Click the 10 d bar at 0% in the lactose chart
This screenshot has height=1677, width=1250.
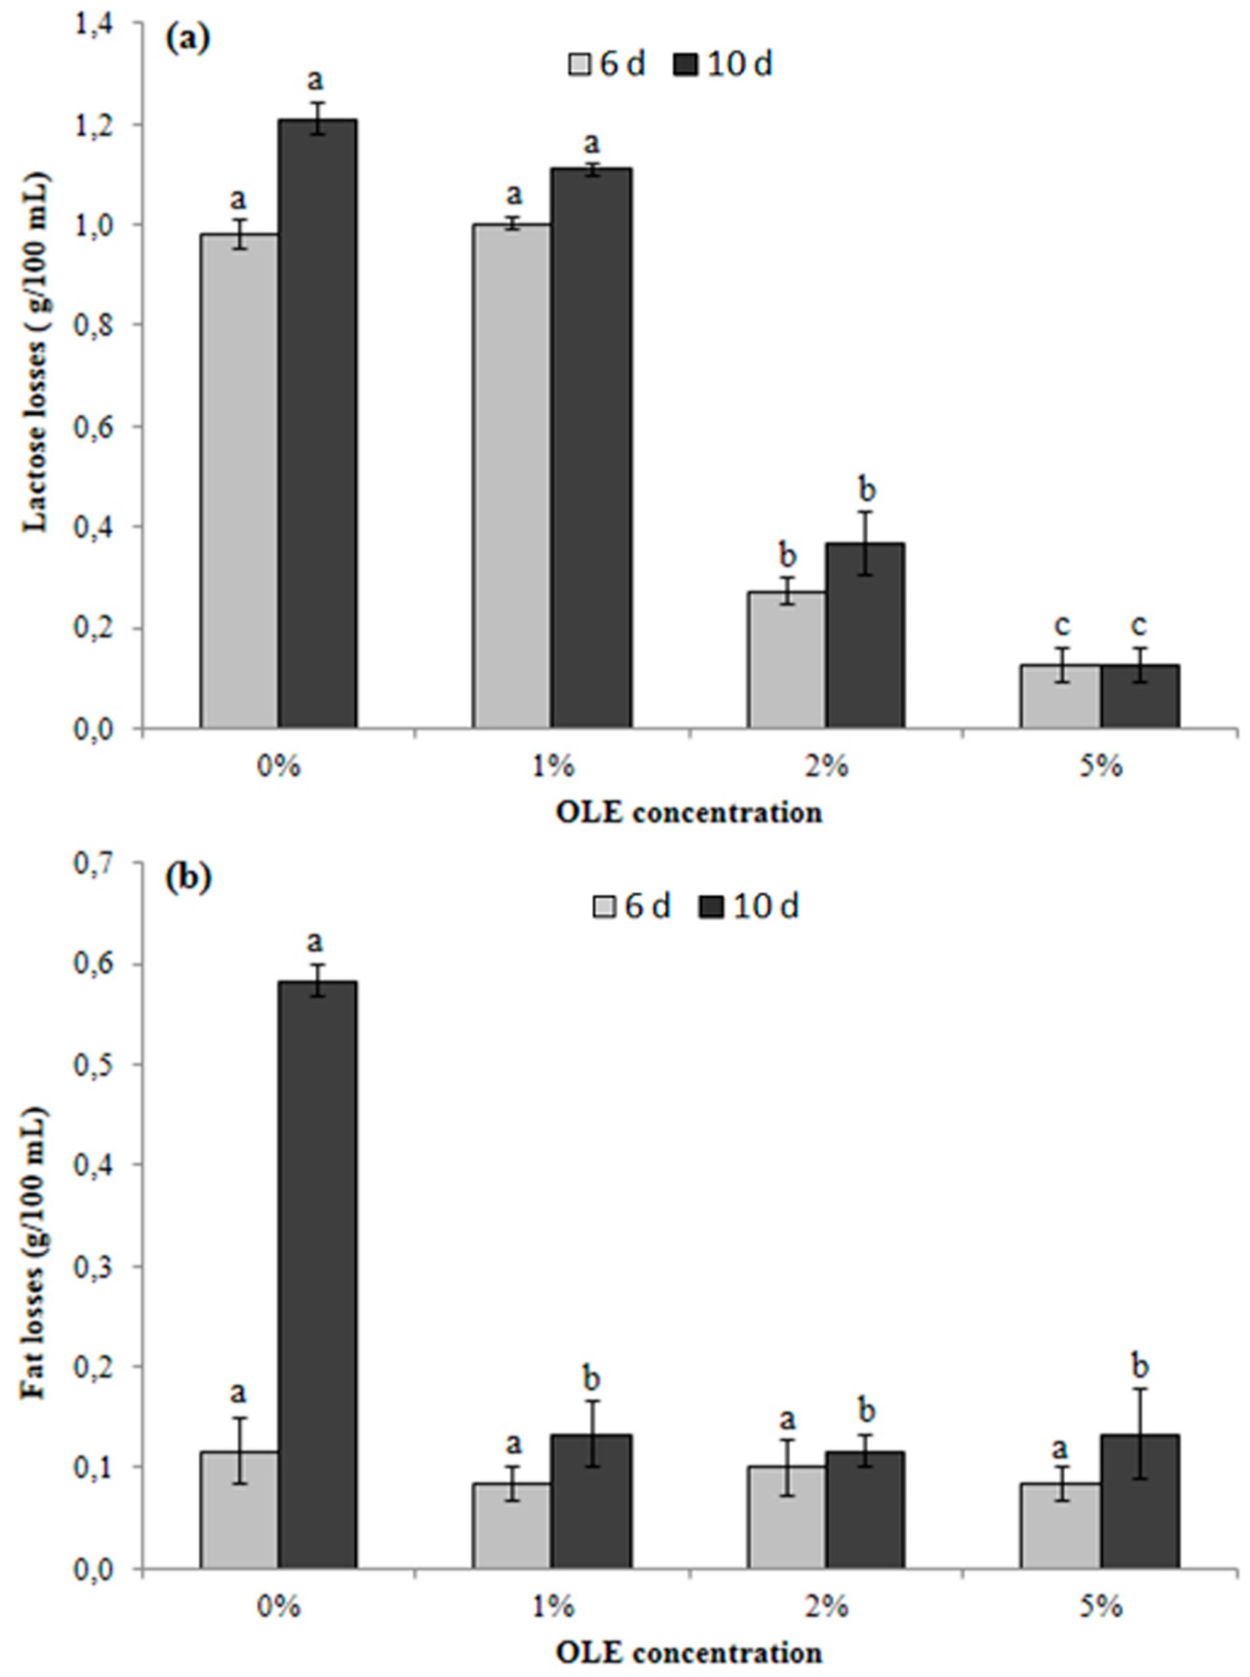pos(317,423)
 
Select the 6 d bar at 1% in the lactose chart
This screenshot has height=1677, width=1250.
pos(512,477)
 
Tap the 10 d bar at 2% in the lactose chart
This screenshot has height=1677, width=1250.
pos(864,635)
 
